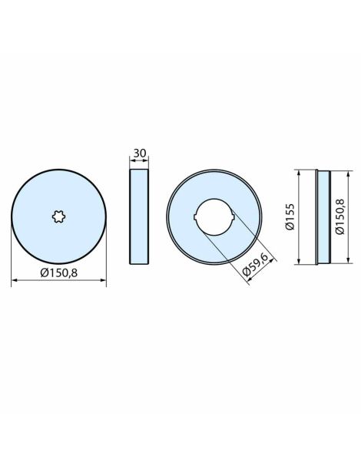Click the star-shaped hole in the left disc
pos(58,217)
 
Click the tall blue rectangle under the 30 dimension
pos(140,217)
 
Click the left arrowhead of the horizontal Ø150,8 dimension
pos(15,282)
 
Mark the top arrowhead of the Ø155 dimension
pos(299,172)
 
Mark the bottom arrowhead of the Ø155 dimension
pos(299,263)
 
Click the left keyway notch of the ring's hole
pos(196,217)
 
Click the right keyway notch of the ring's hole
pos(232,217)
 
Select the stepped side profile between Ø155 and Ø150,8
pos(322,217)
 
